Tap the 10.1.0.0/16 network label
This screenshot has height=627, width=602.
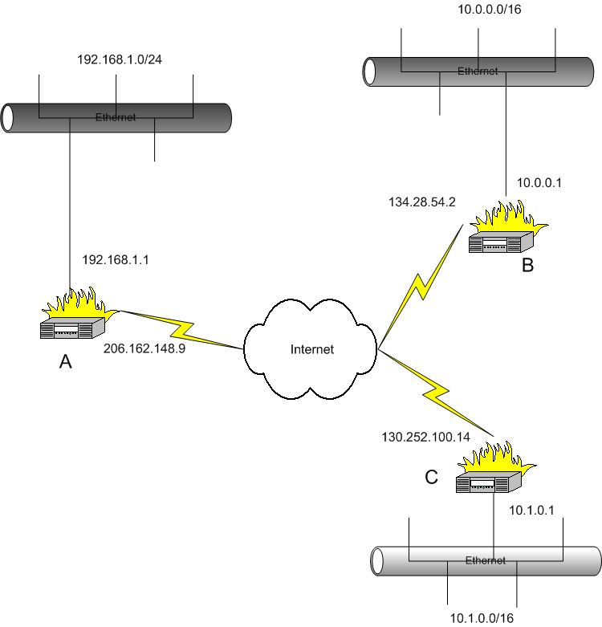(482, 617)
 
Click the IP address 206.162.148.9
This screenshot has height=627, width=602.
(144, 348)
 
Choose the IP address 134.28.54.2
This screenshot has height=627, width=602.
(421, 202)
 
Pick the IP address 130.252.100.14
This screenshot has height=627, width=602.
(425, 438)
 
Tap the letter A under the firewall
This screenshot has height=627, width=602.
(66, 363)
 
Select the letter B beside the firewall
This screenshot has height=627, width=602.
(527, 267)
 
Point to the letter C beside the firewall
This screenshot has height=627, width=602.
(431, 478)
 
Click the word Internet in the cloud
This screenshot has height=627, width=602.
(311, 349)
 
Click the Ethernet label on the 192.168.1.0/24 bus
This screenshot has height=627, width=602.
(116, 117)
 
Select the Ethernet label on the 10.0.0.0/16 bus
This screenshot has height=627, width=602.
(478, 71)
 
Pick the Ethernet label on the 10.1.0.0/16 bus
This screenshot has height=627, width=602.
(486, 560)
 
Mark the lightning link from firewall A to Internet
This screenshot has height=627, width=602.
(181, 329)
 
